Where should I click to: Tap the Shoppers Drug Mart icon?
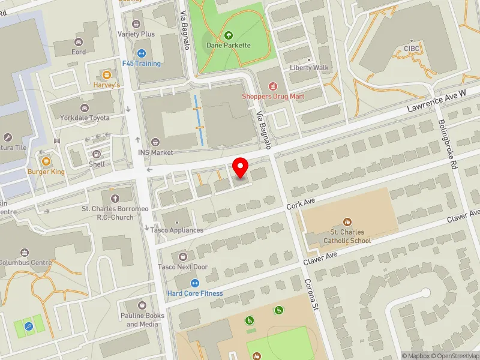tap(274, 86)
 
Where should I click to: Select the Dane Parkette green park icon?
tap(228, 35)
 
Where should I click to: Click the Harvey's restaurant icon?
tap(107, 75)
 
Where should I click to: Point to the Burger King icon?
tap(46, 160)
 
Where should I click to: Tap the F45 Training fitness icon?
tap(142, 53)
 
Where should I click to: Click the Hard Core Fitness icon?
tap(194, 283)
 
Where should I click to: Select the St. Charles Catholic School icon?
tap(347, 222)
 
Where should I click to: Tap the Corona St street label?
tap(310, 295)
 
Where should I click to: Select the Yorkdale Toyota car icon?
tap(84, 108)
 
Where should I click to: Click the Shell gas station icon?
tap(96, 154)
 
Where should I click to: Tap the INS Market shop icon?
tap(155, 142)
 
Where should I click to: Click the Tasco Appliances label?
tap(178, 230)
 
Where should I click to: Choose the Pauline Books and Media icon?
tap(142, 305)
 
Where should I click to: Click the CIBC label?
tap(412, 49)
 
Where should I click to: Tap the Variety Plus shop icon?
tap(136, 24)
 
